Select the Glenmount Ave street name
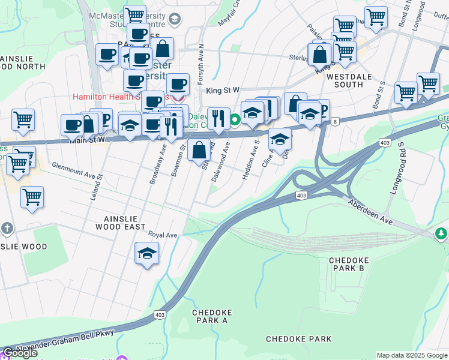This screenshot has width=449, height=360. tap(73, 170)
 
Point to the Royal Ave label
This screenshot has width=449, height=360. tap(163, 235)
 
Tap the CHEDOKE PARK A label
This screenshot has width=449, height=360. tap(211, 316)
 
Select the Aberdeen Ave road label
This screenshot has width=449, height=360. tap(369, 212)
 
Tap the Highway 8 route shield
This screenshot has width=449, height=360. tap(334, 121)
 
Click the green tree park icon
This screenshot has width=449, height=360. tap(442, 233)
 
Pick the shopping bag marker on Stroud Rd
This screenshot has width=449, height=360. tap(199, 150)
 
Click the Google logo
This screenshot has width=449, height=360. tap(20, 353)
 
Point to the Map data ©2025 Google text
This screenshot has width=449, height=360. tap(412, 355)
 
